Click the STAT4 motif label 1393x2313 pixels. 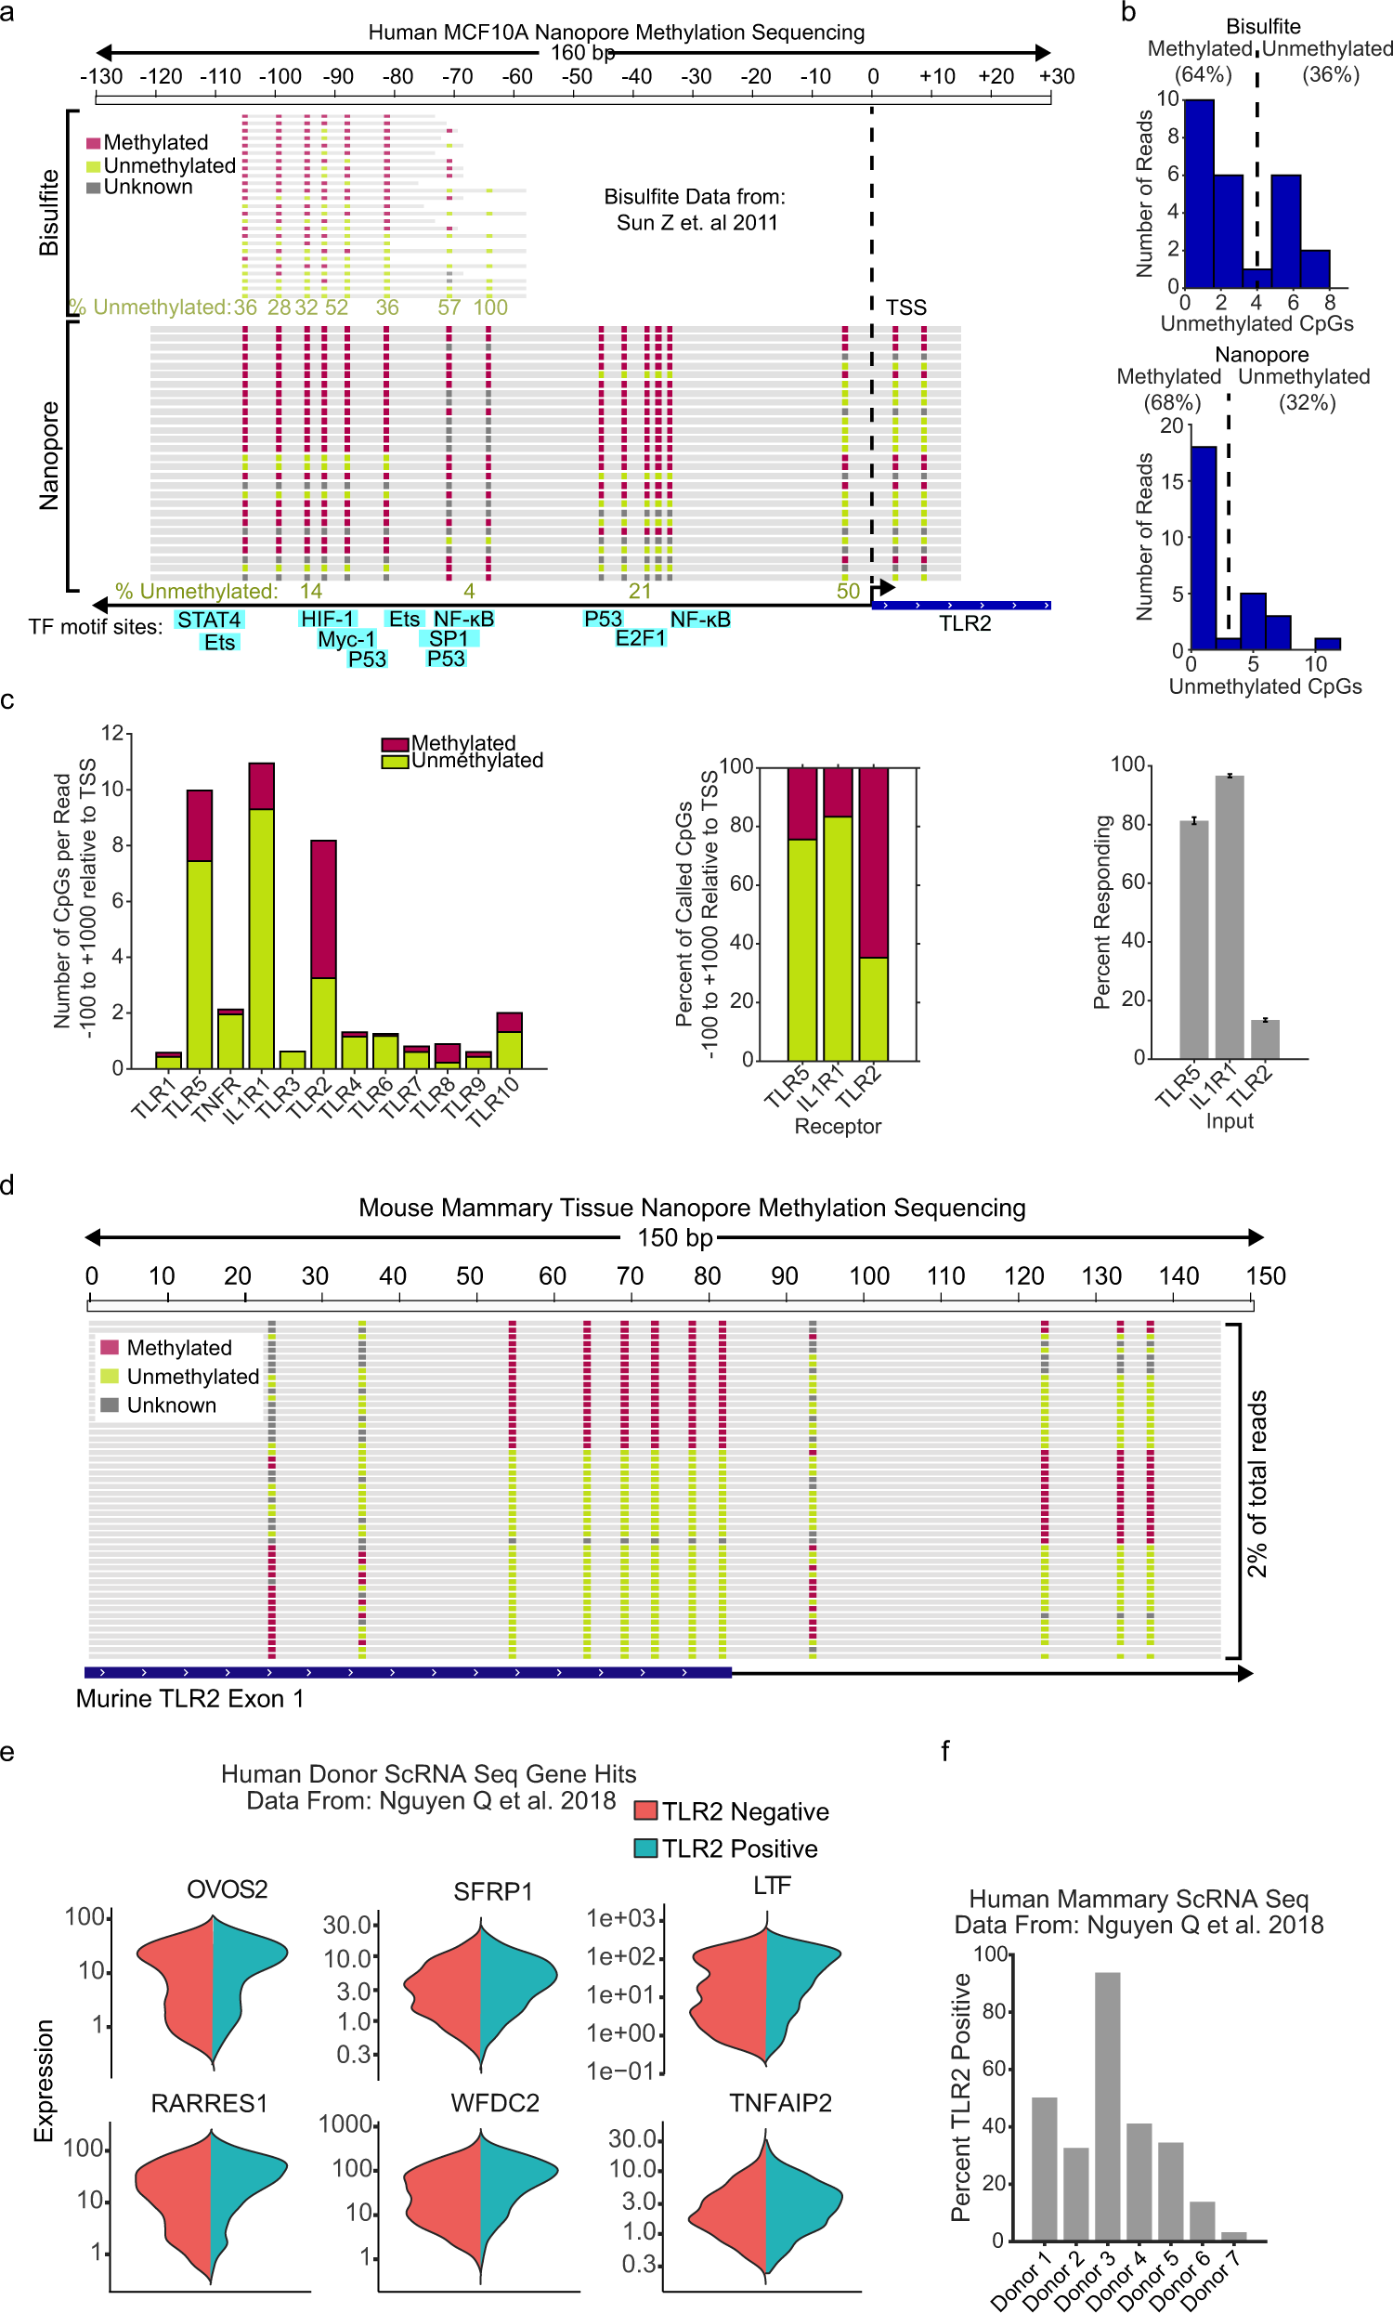[208, 620]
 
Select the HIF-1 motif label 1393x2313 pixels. [327, 619]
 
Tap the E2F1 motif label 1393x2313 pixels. [640, 638]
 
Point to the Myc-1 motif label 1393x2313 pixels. [346, 639]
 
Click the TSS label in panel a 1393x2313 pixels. [905, 307]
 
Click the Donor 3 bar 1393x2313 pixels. [1107, 2107]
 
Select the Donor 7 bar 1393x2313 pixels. [1233, 2236]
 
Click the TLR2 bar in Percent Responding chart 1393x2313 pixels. [1265, 1039]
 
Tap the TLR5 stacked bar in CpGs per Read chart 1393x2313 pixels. [199, 929]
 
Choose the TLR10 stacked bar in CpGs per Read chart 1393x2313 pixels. [509, 1040]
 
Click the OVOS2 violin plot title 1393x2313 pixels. [228, 1889]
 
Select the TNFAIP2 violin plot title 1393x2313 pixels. [780, 2104]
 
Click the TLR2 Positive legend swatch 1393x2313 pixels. [644, 1849]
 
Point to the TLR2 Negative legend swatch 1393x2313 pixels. [644, 1810]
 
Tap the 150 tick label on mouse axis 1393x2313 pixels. [1266, 1275]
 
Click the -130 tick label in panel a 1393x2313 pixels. [101, 76]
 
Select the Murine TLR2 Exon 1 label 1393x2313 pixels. [189, 1699]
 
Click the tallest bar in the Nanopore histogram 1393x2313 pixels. [1203, 547]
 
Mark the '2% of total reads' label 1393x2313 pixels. [1256, 1483]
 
